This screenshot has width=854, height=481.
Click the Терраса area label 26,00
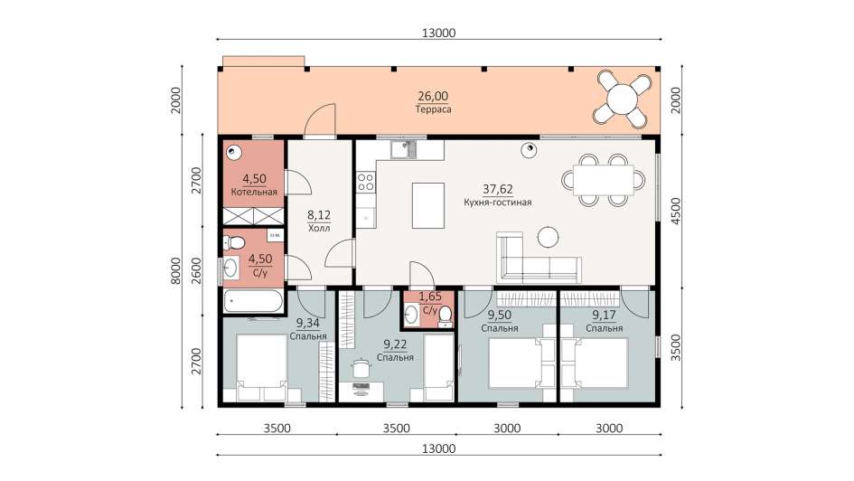(x=433, y=97)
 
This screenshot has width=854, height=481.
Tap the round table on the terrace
(x=622, y=99)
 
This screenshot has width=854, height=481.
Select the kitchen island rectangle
(x=428, y=205)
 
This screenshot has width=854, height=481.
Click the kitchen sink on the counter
(x=403, y=148)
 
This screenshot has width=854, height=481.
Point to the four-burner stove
(x=366, y=182)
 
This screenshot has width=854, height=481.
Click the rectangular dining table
(x=604, y=180)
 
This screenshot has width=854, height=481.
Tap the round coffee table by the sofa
(x=548, y=237)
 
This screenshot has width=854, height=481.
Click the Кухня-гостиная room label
(x=498, y=203)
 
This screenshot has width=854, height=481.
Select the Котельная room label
(x=254, y=192)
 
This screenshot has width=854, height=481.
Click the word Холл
(x=319, y=228)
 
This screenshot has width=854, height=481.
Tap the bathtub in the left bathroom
(x=253, y=301)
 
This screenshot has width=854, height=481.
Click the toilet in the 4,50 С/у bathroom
(x=235, y=242)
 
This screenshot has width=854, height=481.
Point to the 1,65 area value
(x=430, y=297)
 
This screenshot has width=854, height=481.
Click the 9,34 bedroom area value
(x=308, y=323)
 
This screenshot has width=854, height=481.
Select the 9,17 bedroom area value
(x=604, y=315)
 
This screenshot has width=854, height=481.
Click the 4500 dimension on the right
(x=675, y=212)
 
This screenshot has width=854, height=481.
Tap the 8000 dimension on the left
(x=175, y=271)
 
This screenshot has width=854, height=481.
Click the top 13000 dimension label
(x=438, y=33)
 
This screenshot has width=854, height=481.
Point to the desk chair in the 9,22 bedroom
(x=360, y=367)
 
